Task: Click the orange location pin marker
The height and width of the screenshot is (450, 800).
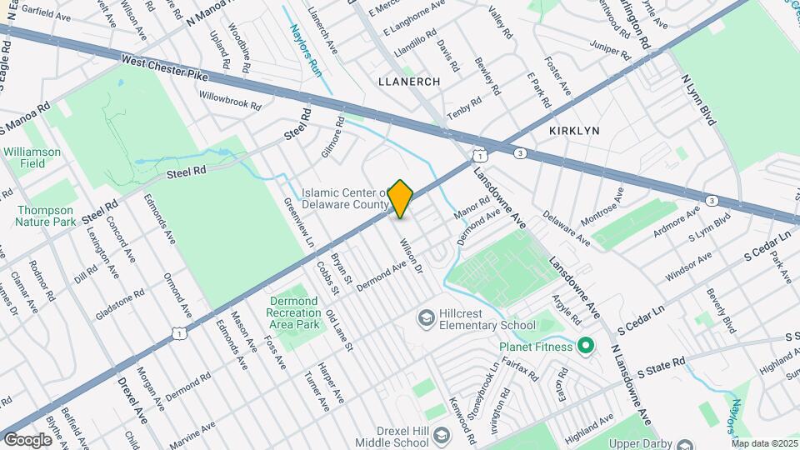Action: pyautogui.click(x=401, y=198)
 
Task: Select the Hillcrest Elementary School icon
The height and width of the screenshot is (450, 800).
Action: pyautogui.click(x=427, y=318)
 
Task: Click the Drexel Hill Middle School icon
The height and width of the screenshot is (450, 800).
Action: pyautogui.click(x=441, y=434)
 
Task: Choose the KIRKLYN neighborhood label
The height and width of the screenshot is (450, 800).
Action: pyautogui.click(x=575, y=132)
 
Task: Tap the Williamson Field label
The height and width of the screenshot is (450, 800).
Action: pyautogui.click(x=32, y=157)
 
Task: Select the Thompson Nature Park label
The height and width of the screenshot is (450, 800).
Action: pyautogui.click(x=45, y=216)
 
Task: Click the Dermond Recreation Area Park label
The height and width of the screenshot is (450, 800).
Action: pyautogui.click(x=294, y=312)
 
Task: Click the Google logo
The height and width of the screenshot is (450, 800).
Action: pyautogui.click(x=27, y=439)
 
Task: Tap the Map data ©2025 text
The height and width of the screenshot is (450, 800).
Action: pyautogui.click(x=764, y=443)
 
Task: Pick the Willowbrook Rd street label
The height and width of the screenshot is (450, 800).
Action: pyautogui.click(x=230, y=101)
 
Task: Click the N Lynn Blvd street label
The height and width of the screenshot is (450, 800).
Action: pyautogui.click(x=698, y=100)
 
